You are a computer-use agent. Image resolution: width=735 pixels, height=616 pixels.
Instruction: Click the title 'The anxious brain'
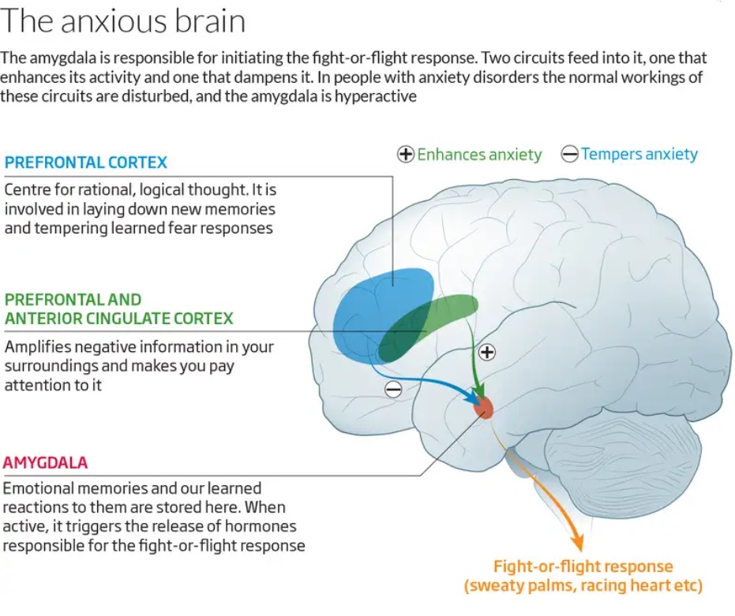[123, 21]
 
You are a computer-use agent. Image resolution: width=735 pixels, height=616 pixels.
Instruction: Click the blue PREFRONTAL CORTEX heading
[86, 162]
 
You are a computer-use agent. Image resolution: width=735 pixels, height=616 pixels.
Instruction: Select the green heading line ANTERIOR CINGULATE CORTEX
[119, 319]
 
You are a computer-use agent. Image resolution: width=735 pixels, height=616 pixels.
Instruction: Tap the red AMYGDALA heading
[46, 462]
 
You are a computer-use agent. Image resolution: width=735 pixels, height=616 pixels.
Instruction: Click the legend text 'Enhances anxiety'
[479, 155]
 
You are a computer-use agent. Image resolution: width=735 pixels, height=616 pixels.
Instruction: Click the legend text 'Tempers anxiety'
[639, 155]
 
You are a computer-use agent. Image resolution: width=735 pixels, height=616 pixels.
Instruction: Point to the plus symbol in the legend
[406, 155]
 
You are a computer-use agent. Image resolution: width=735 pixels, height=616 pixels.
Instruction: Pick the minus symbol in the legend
[569, 155]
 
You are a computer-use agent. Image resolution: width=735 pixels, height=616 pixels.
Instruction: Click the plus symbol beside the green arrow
[487, 353]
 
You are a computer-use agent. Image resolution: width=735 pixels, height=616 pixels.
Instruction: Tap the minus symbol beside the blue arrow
[392, 389]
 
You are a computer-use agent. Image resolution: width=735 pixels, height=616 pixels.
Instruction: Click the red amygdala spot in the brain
[483, 407]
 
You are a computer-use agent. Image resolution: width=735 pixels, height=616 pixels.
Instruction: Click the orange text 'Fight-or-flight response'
[583, 566]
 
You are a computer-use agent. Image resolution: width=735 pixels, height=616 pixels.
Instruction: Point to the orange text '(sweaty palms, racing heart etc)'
[583, 586]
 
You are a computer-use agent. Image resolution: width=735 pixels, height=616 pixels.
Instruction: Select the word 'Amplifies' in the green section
[36, 347]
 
